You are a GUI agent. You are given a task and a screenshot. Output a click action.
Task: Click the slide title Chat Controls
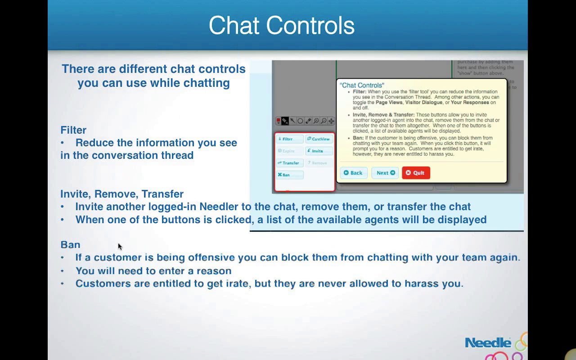[282, 26]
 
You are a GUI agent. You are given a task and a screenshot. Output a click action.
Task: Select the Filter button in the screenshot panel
[289, 139]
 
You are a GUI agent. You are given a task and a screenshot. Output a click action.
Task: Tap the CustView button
[319, 139]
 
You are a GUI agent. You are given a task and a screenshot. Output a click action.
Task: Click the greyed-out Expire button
[289, 151]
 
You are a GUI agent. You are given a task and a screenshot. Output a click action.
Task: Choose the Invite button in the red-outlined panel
[319, 151]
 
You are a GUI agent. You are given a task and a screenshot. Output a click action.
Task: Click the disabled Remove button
[319, 163]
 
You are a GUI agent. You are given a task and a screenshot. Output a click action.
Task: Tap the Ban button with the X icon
[289, 175]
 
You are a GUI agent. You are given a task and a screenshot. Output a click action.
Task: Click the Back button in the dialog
[354, 173]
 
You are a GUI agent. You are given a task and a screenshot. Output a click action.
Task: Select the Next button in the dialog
[385, 173]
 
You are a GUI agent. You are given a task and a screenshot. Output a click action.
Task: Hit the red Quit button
[416, 173]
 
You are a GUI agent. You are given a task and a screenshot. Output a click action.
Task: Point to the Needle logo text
[488, 343]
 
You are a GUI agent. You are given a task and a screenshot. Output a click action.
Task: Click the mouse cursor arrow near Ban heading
[120, 246]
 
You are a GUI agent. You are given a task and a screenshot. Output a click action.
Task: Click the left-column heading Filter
[73, 130]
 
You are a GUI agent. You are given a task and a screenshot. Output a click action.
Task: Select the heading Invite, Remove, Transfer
[122, 194]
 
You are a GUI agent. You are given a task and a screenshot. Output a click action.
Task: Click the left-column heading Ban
[70, 245]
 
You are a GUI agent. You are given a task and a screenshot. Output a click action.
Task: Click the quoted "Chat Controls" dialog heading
[362, 85]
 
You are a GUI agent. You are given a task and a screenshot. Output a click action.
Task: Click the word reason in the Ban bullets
[217, 271]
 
